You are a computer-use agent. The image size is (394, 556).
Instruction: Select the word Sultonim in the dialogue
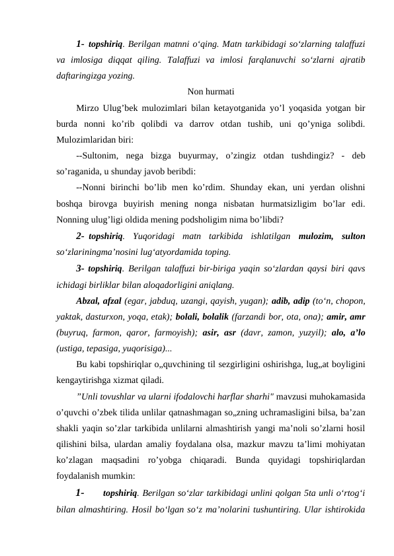coord(102,156)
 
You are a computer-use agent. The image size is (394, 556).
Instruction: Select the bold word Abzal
coord(87,300)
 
